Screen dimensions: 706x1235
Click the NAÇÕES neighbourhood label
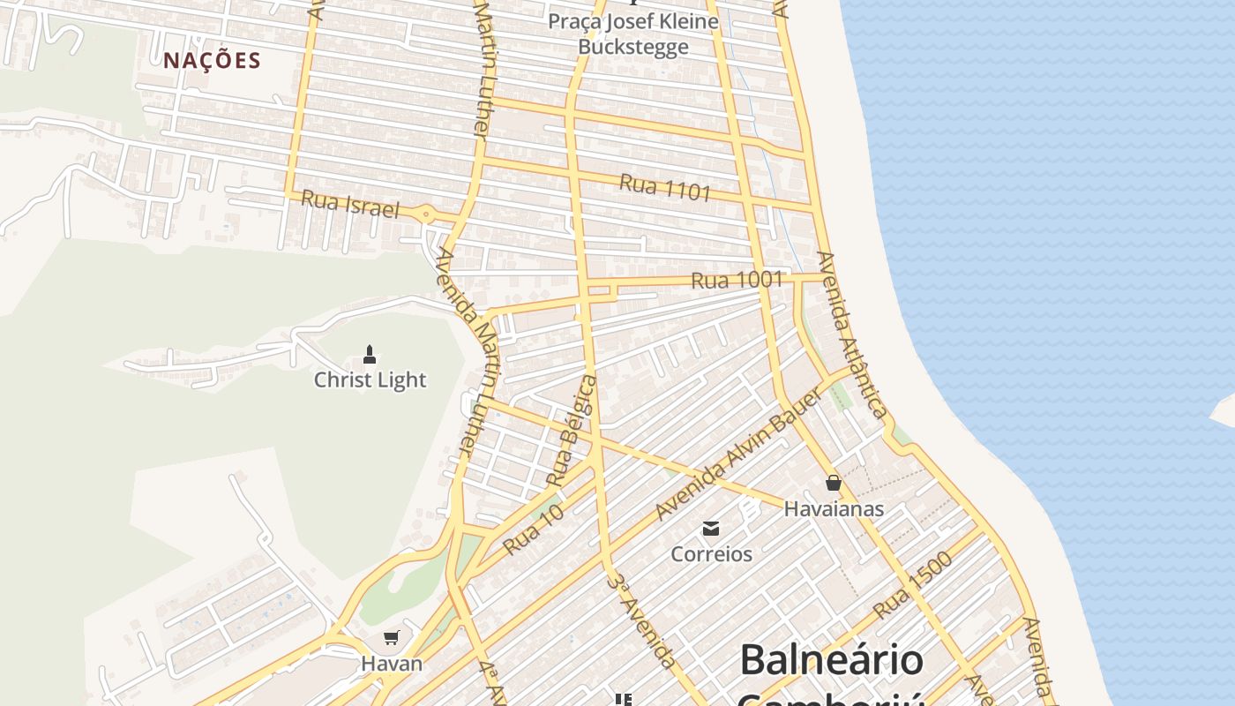click(x=212, y=61)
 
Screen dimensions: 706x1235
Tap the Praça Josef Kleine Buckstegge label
click(x=632, y=34)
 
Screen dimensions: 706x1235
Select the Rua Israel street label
click(x=350, y=204)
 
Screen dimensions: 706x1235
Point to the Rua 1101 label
click(x=664, y=187)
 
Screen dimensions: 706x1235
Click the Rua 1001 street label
click(x=737, y=281)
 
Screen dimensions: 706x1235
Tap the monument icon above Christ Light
click(x=370, y=355)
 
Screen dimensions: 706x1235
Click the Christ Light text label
click(x=370, y=380)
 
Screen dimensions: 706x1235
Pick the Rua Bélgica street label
click(x=572, y=431)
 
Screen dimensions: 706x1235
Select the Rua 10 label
click(x=533, y=529)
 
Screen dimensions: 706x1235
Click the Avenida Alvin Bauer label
click(x=739, y=454)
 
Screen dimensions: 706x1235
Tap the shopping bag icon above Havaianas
click(x=833, y=483)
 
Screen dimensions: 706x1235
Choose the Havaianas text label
click(x=833, y=509)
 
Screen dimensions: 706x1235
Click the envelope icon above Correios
click(x=711, y=529)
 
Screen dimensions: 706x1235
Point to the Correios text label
click(x=711, y=554)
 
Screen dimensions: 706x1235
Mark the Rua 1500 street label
click(x=912, y=585)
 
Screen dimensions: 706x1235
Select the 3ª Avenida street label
click(x=641, y=620)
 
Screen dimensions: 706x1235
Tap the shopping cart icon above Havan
click(x=392, y=637)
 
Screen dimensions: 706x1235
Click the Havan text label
click(x=392, y=664)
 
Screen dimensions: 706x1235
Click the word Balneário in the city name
click(x=831, y=660)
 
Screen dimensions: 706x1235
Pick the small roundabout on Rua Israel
click(x=427, y=213)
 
